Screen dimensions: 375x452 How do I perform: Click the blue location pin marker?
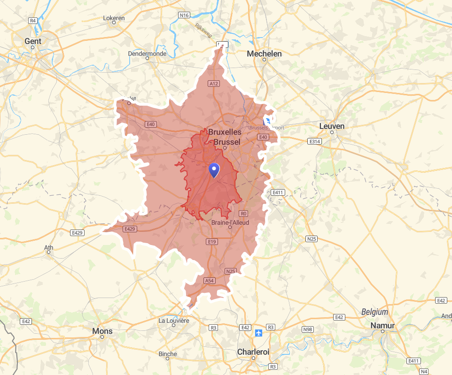(x=214, y=170)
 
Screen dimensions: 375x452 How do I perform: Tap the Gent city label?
(x=33, y=41)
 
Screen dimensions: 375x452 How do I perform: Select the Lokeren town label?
(x=114, y=18)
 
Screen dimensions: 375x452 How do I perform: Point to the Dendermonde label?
(x=147, y=54)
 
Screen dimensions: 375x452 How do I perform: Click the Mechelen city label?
(x=264, y=54)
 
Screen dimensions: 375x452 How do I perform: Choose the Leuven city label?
(x=332, y=126)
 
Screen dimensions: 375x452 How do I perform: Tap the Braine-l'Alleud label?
(x=230, y=222)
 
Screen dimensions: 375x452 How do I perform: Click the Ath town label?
(x=48, y=247)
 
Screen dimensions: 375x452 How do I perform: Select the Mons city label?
(x=102, y=331)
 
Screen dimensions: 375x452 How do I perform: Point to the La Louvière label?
(x=174, y=321)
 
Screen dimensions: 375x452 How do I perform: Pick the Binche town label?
(x=168, y=354)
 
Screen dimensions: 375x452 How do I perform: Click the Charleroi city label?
(x=253, y=352)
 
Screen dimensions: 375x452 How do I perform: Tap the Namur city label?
(x=382, y=325)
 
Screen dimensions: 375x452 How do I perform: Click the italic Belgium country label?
(x=374, y=312)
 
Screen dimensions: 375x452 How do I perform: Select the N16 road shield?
(x=184, y=15)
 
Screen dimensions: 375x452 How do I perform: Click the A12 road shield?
(x=214, y=84)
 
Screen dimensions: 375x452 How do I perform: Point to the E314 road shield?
(x=314, y=141)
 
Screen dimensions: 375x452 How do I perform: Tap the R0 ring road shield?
(x=243, y=214)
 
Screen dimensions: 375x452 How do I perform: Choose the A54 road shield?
(x=209, y=281)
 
